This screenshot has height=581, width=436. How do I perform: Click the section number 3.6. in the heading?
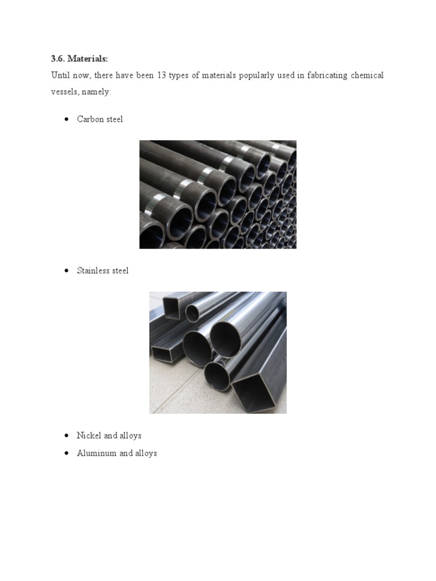pyautogui.click(x=58, y=59)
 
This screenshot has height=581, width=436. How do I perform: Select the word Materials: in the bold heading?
pyautogui.click(x=88, y=59)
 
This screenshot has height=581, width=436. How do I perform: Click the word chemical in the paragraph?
pyautogui.click(x=367, y=75)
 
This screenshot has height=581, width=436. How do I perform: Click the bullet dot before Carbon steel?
pyautogui.click(x=66, y=119)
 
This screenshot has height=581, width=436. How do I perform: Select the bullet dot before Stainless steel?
pyautogui.click(x=66, y=271)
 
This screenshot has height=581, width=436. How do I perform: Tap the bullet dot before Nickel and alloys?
pyautogui.click(x=66, y=435)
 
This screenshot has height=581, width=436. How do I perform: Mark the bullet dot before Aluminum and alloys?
pyautogui.click(x=66, y=453)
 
